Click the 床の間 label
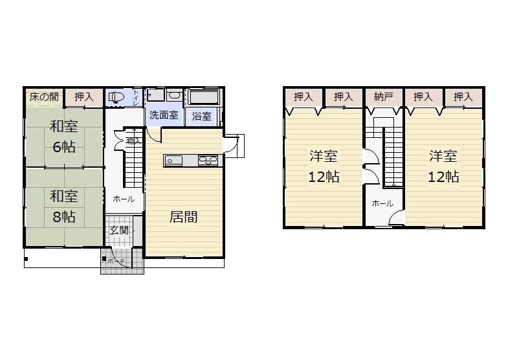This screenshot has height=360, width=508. coord(44,97)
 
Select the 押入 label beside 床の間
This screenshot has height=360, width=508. coord(83,97)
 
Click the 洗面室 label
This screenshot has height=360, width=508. coord(164,116)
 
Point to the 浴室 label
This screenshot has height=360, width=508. coord(202,117)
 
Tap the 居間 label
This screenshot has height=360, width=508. coord(184,218)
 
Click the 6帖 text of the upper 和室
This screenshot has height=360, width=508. coord(64,146)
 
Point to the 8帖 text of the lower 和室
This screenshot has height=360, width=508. coord(64,216)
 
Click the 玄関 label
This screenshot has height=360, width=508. coord(118,231)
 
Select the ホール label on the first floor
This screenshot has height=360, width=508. coord(124,199)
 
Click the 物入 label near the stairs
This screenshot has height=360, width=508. coord(133,141)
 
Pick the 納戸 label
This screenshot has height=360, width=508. coord(384,97)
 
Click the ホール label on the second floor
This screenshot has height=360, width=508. coord(382,203)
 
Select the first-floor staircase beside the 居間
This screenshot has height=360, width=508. coord(133,164)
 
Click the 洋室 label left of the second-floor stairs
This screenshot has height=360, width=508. coord(324,156)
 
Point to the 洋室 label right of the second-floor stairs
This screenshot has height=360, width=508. coord(444,156)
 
